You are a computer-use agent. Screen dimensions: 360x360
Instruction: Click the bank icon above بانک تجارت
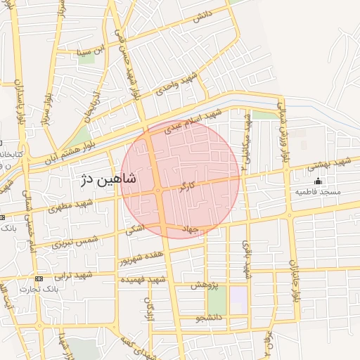coord(39,278)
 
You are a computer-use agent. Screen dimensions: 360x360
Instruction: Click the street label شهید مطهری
coord(71,207)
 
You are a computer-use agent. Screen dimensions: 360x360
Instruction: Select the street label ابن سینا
coord(94,50)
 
